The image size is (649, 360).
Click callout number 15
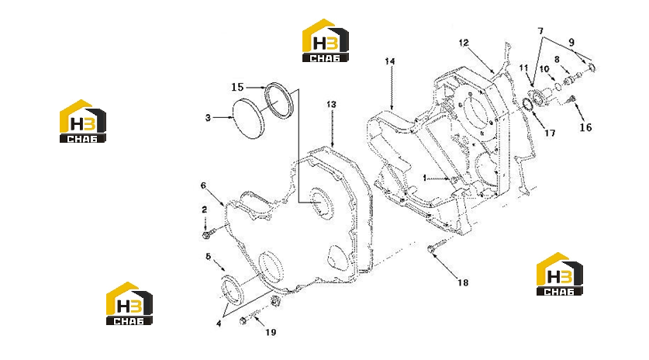[x=237, y=87]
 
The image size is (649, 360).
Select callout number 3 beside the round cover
[x=208, y=118]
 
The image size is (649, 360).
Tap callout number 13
[x=331, y=105]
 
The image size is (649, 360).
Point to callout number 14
[x=390, y=61]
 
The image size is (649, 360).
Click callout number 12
[x=464, y=43]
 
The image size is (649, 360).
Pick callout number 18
[x=463, y=282]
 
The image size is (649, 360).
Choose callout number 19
[x=271, y=332]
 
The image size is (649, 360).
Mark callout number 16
[x=585, y=127]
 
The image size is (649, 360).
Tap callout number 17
[x=550, y=133]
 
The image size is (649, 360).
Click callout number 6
[x=203, y=185]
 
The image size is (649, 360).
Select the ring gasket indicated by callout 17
[x=528, y=105]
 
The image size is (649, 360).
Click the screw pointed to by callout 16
[x=572, y=99]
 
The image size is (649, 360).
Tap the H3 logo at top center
[x=326, y=40]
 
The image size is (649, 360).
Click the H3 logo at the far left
[x=83, y=121]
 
